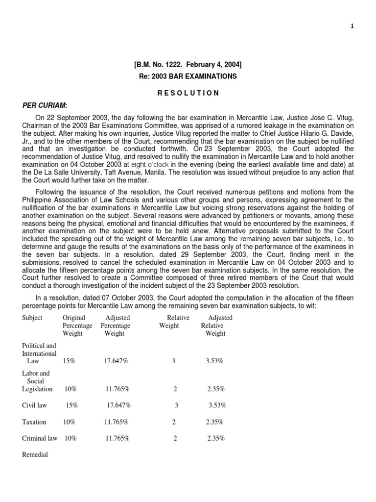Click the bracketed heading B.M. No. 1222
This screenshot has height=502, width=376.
click(188, 64)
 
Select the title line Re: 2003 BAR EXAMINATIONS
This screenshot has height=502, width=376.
click(188, 76)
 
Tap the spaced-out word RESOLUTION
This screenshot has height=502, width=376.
click(188, 93)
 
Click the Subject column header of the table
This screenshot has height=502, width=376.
click(32, 318)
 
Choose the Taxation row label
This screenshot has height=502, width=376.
click(34, 422)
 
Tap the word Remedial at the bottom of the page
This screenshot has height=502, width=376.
click(35, 454)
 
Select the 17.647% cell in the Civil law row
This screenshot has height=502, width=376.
click(119, 405)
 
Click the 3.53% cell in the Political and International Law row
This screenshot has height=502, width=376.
click(215, 361)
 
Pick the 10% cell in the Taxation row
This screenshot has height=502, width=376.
click(70, 422)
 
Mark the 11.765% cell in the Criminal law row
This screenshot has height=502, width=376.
click(117, 438)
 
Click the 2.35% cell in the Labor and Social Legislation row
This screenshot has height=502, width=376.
click(216, 389)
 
